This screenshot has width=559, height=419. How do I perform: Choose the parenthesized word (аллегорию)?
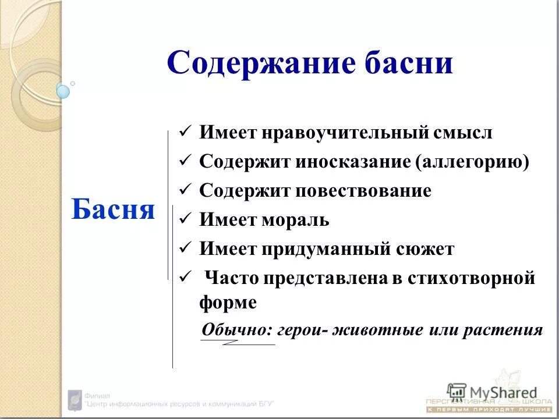tap(472, 162)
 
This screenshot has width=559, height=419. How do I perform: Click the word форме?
tap(228, 303)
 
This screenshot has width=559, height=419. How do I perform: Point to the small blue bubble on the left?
tap(63, 91)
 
